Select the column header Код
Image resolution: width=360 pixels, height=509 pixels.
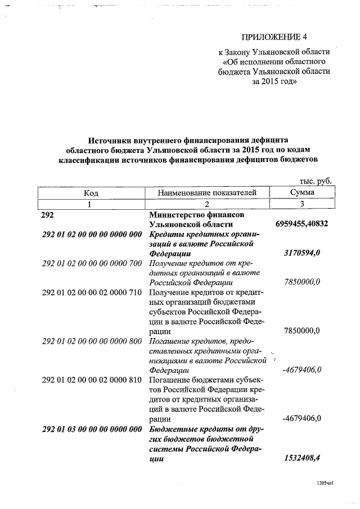coord(91,192)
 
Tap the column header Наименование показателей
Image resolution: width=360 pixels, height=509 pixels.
coord(207,192)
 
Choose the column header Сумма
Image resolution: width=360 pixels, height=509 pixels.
coord(302,192)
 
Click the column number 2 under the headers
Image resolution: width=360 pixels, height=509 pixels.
coord(206,204)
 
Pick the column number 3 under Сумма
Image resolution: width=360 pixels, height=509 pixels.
coord(302,204)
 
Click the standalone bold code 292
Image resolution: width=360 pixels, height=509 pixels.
coord(49,215)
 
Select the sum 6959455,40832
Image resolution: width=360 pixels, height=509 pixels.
coord(302,224)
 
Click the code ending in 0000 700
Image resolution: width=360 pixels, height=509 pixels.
coord(92,263)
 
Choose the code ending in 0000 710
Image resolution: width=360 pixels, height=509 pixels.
coord(92,292)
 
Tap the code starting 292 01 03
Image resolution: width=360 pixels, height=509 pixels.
coord(92,429)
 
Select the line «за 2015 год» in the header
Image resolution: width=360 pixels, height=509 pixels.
coord(274,81)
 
